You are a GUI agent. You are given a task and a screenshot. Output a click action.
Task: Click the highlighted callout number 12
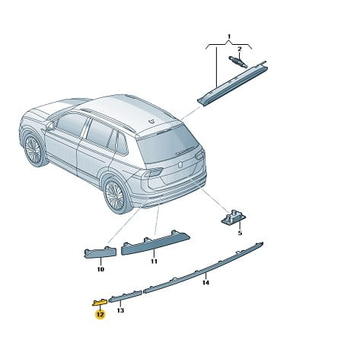[100, 315]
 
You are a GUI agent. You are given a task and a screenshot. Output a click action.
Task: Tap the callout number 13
[120, 310]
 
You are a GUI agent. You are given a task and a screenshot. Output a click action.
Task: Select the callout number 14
[205, 282]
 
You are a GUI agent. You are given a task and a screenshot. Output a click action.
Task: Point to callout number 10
[100, 269]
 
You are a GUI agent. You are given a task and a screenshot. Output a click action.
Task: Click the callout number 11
[154, 261]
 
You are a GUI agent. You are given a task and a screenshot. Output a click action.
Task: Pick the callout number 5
[240, 233]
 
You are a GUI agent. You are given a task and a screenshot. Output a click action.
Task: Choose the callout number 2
[240, 49]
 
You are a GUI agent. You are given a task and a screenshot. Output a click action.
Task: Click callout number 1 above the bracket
[229, 37]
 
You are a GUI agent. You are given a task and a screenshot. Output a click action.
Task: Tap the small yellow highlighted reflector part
[100, 302]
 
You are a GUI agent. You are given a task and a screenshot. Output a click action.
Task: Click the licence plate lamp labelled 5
[234, 218]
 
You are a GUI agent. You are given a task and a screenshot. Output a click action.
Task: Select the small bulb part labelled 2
[238, 62]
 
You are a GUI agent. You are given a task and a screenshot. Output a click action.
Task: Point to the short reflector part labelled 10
[100, 252]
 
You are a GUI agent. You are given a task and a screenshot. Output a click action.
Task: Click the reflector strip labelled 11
[155, 243]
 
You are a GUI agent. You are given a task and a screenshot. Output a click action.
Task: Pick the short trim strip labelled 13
[126, 296]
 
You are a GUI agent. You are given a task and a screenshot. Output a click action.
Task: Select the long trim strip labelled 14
[203, 268]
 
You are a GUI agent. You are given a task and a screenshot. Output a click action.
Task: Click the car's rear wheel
[116, 195]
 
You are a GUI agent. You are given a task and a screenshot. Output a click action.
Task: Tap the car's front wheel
[34, 150]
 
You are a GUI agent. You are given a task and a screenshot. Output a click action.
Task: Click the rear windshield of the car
[167, 143]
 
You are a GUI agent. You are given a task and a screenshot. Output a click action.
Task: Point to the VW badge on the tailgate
[180, 165]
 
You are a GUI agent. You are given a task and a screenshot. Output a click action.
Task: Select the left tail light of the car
[155, 173]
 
